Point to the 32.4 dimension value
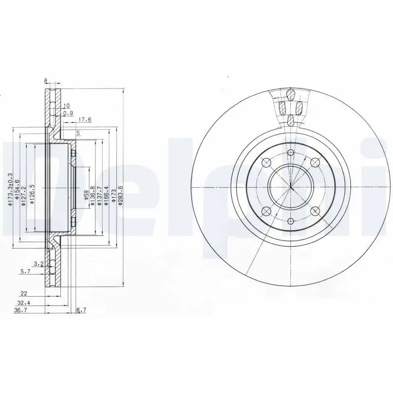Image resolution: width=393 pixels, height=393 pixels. (x=23, y=303)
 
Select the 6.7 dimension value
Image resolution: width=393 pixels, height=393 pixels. (x=82, y=310)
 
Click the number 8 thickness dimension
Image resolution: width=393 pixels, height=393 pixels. (x=45, y=82)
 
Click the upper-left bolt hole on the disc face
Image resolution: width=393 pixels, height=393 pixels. (x=267, y=163)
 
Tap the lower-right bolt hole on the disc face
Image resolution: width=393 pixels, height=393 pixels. (x=315, y=211)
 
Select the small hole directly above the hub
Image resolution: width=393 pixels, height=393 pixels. (x=291, y=152)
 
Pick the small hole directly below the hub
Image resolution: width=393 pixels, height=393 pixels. (x=291, y=221)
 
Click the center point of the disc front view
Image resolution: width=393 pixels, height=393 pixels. (x=291, y=187)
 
